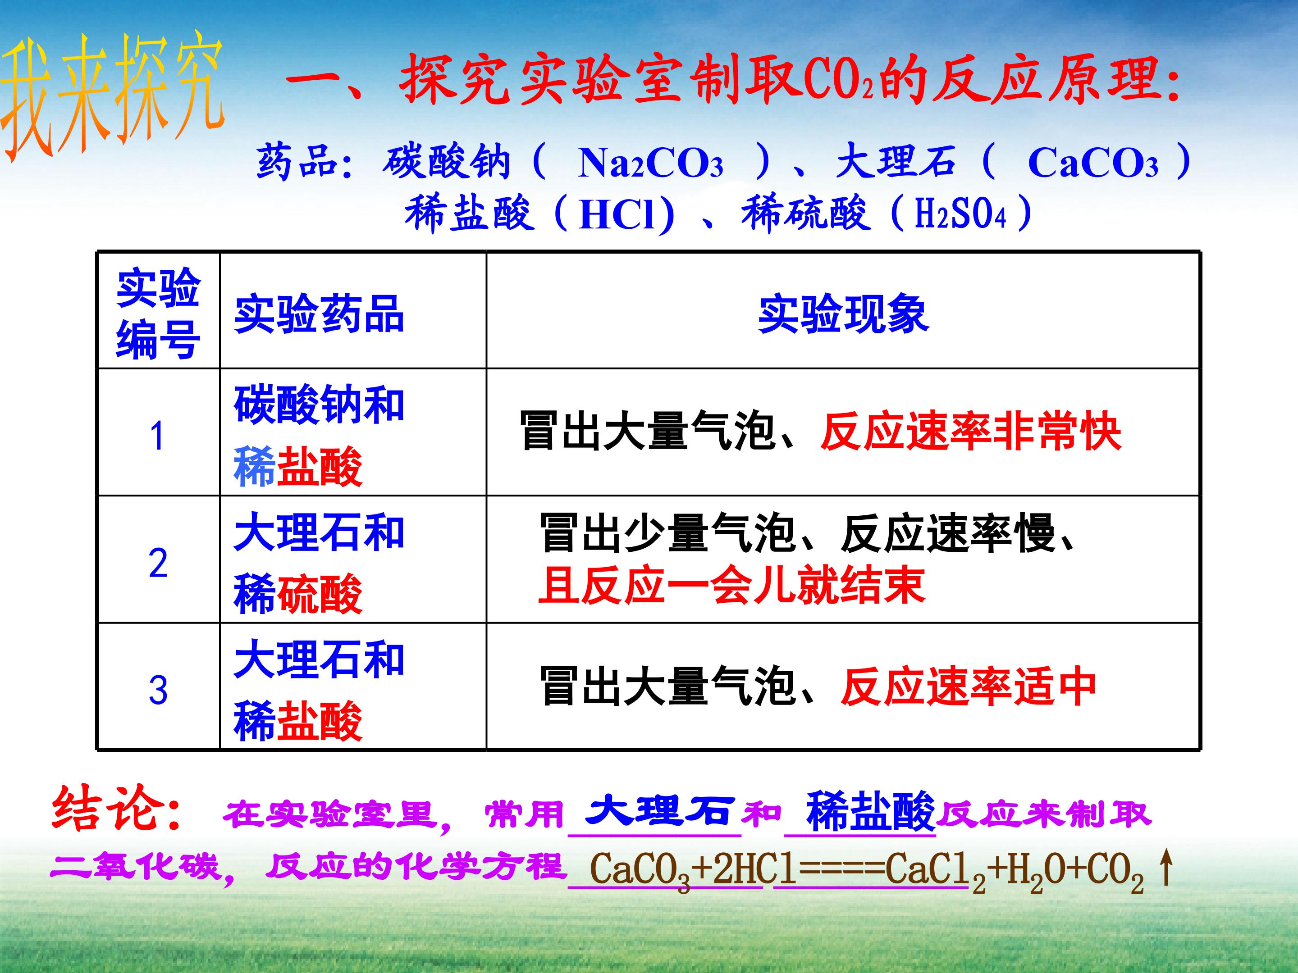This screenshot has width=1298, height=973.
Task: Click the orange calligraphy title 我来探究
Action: click(x=113, y=97)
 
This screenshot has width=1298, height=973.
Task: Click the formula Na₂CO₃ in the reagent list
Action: click(x=650, y=163)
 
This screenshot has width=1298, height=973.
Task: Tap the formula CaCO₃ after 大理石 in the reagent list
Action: click(x=1092, y=163)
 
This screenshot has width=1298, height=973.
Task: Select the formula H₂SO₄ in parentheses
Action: click(x=960, y=214)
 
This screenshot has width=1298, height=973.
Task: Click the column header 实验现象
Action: click(x=843, y=314)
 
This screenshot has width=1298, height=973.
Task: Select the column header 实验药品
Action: click(x=319, y=314)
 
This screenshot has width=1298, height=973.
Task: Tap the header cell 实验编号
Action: click(x=159, y=314)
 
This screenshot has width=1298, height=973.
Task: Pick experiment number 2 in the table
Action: click(x=158, y=564)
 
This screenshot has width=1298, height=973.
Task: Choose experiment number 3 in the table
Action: click(x=158, y=690)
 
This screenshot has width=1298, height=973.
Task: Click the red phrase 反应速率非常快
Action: click(x=971, y=432)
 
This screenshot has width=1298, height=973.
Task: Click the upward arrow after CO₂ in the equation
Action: click(x=1166, y=868)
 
